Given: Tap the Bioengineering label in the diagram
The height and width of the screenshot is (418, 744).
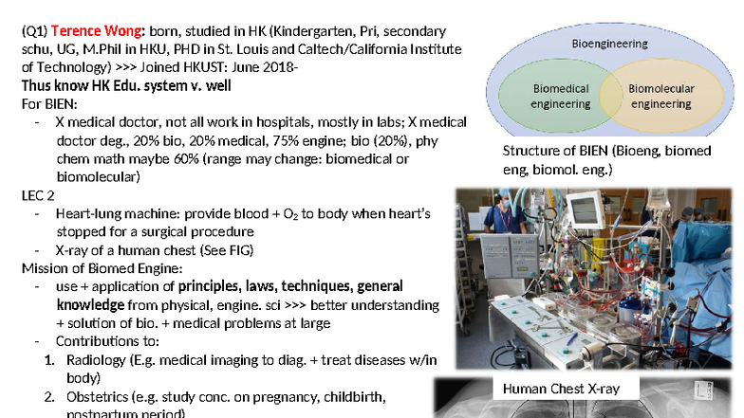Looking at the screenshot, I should pos(610,44).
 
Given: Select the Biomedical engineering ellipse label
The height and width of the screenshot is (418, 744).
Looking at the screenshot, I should pos(560,96).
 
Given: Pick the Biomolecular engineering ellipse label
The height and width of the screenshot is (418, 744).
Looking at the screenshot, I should pos(661,96).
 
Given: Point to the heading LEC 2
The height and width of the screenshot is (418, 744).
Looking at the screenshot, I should pos(40,195).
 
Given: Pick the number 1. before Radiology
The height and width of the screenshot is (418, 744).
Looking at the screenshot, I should pos(49,359).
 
